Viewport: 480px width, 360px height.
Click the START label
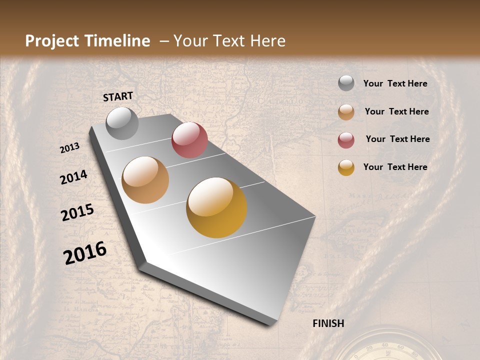(118, 96)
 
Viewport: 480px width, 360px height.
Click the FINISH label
(328, 323)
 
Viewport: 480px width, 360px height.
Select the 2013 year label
(70, 148)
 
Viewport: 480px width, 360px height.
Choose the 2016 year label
(85, 253)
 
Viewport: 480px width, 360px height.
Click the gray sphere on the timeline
(122, 123)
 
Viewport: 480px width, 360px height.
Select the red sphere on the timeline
(189, 140)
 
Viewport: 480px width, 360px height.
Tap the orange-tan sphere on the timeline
(145, 180)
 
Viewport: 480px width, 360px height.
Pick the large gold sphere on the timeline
(216, 207)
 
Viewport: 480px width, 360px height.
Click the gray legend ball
(346, 83)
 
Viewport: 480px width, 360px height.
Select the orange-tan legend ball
(346, 112)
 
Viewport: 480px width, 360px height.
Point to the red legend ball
(346, 140)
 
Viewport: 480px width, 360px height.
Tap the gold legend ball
(346, 167)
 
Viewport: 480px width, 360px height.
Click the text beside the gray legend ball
(395, 83)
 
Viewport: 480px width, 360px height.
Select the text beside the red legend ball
(397, 139)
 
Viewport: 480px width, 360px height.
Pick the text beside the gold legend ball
(395, 167)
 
